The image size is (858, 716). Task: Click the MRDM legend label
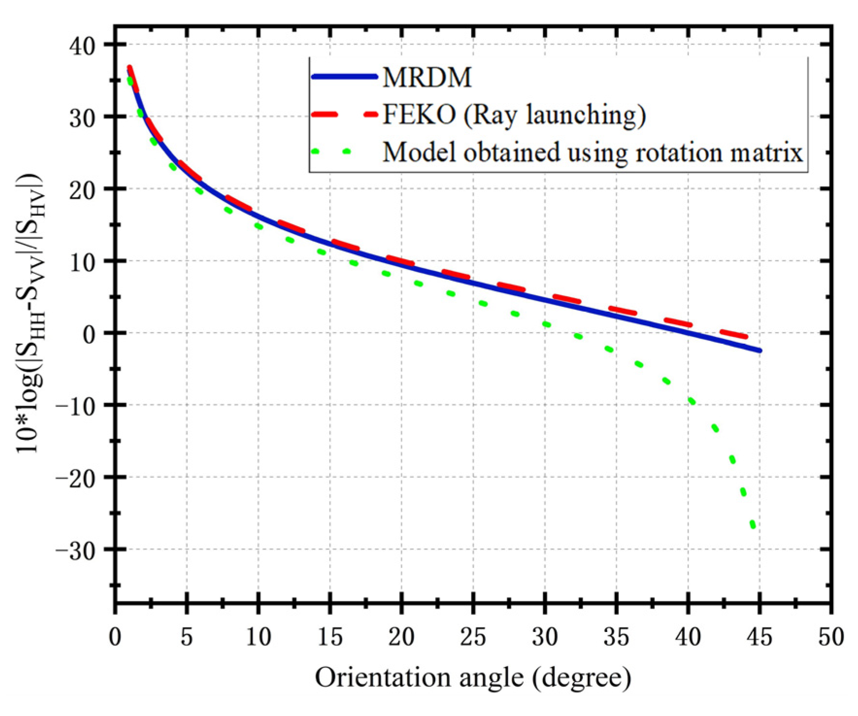coord(427,77)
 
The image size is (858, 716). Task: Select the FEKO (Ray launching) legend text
coord(514,115)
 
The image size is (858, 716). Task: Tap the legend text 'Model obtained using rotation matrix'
coord(593,152)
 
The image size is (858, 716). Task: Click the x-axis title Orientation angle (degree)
coord(473,677)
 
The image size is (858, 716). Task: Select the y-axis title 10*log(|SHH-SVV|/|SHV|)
coord(30,313)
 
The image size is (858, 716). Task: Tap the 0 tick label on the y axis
coord(90,334)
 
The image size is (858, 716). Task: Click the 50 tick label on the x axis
coord(831,636)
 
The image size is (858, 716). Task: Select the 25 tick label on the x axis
coord(473,636)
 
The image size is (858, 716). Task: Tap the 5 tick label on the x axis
coord(187,636)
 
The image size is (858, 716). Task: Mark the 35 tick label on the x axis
coord(616,636)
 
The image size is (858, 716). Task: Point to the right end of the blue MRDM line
coord(759,350)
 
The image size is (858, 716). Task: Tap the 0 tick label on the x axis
coord(115,636)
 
